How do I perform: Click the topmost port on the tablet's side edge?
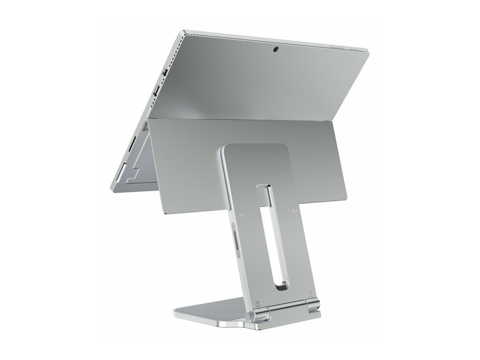[165, 72]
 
